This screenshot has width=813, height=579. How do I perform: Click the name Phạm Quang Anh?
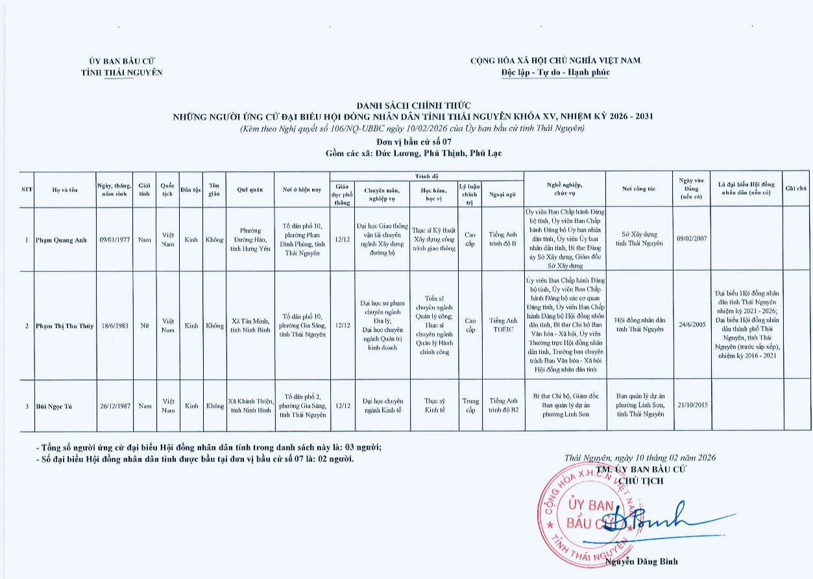pos(62,240)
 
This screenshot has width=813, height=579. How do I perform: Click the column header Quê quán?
pos(250,190)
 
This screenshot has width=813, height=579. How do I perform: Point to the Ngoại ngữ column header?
pos(502,193)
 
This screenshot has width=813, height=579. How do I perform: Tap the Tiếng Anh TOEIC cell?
pos(503,325)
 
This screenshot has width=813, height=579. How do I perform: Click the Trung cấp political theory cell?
pos(470,405)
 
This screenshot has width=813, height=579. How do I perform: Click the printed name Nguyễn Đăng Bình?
pos(642,562)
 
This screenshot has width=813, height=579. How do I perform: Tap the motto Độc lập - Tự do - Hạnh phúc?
pos(555,72)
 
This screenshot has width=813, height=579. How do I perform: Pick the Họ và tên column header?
pos(65,190)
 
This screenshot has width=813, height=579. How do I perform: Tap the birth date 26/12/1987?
pos(115,406)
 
